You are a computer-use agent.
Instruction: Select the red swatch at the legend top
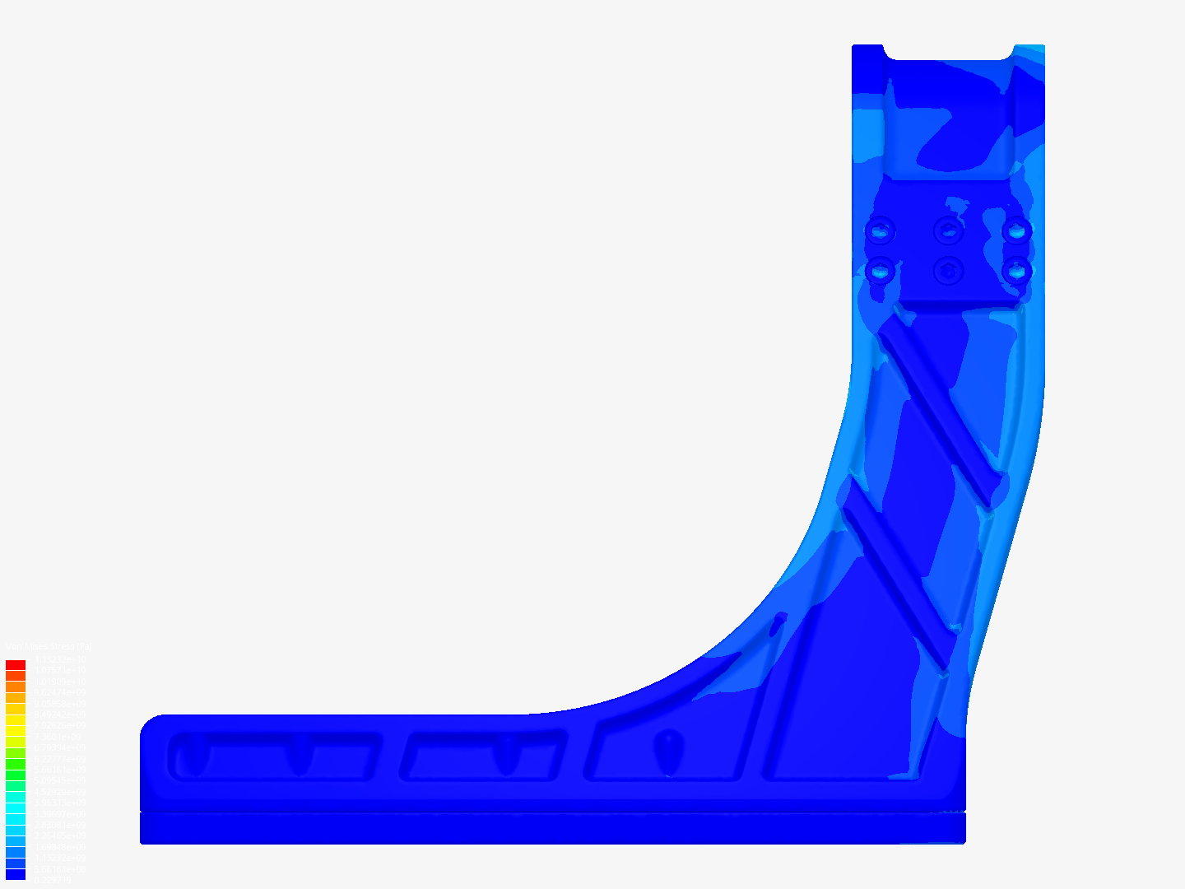[16, 665]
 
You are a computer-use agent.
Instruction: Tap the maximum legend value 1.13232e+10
[59, 659]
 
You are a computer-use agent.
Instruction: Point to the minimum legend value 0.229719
[53, 880]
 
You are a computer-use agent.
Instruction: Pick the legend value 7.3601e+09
[59, 737]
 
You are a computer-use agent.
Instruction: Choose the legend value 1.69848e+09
[59, 846]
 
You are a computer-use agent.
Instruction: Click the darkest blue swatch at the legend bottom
[16, 874]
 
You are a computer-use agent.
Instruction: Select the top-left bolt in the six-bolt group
[880, 230]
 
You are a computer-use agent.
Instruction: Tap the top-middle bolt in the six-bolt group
[949, 230]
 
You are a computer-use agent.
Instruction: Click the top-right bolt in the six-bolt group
[1017, 230]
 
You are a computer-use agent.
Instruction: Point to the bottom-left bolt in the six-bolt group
[880, 269]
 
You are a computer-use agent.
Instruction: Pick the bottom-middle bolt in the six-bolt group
[949, 269]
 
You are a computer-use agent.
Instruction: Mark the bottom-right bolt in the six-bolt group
[1017, 269]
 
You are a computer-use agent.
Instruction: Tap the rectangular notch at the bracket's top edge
[948, 51]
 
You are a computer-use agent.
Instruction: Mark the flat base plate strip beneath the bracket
[551, 828]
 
